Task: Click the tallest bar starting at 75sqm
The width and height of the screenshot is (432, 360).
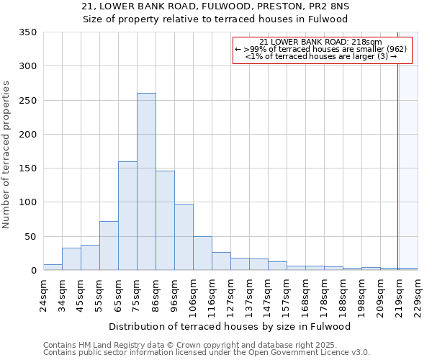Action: [x=146, y=181]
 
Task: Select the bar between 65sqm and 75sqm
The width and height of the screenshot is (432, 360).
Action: [x=127, y=216]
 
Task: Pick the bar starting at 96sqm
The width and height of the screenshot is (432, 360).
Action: [x=184, y=237]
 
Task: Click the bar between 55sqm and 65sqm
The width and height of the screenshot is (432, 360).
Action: [x=109, y=246]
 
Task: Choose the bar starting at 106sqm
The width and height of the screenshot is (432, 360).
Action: [x=202, y=253]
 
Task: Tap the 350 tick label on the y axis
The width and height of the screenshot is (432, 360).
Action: [x=28, y=32]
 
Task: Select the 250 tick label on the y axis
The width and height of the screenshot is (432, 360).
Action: [x=28, y=101]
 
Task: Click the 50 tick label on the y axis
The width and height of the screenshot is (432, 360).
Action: [x=31, y=237]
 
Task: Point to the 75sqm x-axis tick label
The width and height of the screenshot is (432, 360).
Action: [x=137, y=294]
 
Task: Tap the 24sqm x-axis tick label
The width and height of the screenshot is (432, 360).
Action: [x=43, y=294]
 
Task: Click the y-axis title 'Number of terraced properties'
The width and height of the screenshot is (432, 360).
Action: [x=6, y=155]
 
